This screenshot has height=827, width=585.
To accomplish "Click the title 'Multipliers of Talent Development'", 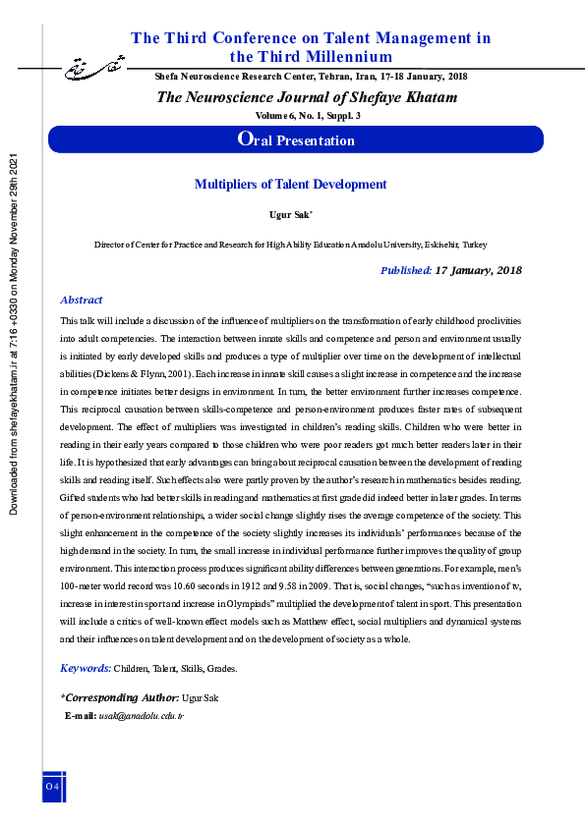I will pos(290,184).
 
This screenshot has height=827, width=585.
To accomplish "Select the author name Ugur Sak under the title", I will pos(289,213).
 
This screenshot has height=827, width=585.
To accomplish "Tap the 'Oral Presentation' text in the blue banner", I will pos(296,139).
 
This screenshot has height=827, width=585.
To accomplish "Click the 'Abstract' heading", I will pos(82,300).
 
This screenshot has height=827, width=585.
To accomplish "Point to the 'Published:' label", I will pos(405,270).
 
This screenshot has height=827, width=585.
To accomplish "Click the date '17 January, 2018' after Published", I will pos(478,270).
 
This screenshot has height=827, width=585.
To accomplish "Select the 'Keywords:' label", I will pos(86,668).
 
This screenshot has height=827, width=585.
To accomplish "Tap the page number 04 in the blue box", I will pos(52,787).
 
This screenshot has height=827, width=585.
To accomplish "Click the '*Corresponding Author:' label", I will pos(119,697).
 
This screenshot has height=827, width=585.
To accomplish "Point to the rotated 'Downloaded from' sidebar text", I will pos(14,334).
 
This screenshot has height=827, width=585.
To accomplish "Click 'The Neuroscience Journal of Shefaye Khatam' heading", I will pos(307,96).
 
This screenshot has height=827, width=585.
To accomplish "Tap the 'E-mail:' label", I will pos(81,716).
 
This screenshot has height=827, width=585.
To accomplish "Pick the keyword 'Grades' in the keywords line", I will pos(220,669).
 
